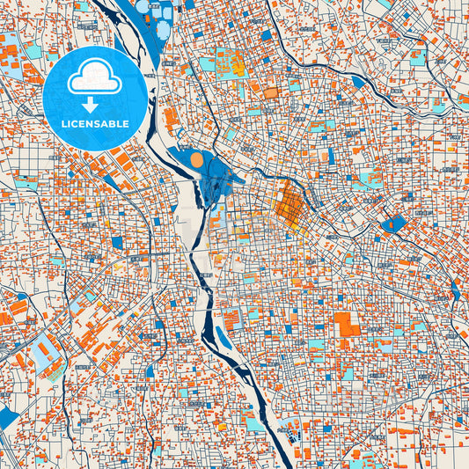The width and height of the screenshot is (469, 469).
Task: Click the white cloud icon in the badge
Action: click(93, 78)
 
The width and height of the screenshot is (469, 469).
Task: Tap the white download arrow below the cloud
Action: click(93, 104)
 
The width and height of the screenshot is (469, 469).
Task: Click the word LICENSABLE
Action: click(93, 124)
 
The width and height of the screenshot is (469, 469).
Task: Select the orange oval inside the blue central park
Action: click(197, 160)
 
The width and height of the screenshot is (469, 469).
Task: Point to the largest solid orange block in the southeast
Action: click(346, 323)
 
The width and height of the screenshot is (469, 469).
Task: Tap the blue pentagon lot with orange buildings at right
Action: click(392, 224)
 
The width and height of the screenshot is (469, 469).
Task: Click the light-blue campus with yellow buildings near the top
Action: click(231, 62)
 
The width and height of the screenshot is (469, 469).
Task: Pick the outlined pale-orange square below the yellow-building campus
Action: click(270, 92)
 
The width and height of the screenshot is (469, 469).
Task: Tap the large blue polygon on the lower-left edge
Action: click(8, 417)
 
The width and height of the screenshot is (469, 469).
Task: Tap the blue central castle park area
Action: click(211, 176)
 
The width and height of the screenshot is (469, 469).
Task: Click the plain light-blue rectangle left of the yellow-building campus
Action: click(207, 63)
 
